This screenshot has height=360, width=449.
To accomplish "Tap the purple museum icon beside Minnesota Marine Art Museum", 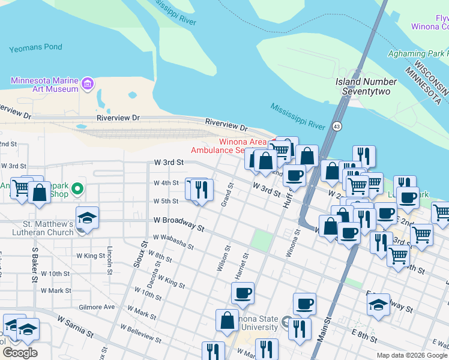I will click(88, 83).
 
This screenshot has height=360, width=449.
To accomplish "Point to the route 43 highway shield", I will click(337, 126).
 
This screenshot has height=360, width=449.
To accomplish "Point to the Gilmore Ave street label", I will click(97, 307).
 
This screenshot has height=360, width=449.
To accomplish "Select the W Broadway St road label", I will click(179, 223).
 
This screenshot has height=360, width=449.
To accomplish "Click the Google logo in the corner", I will click(20, 353).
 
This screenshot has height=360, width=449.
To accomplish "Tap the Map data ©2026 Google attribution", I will click(411, 355).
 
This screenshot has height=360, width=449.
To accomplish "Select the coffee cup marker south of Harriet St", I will click(243, 294).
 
